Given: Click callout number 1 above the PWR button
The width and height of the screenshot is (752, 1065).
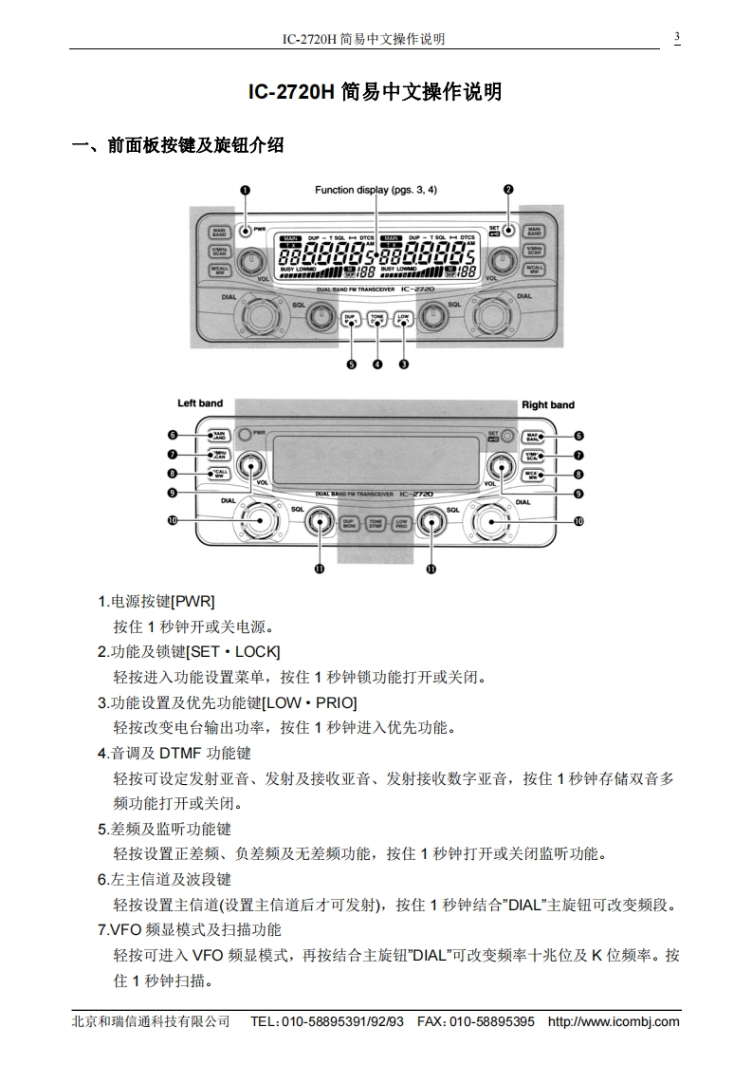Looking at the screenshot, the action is click(x=245, y=190).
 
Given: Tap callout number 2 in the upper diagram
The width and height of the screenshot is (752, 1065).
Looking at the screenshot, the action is click(x=508, y=190).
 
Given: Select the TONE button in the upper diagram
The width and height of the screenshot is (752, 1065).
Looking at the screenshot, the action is click(x=377, y=319).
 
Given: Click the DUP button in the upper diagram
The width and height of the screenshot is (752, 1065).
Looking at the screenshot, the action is click(x=351, y=319).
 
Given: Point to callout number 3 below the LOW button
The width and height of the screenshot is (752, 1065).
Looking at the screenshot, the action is click(x=404, y=364).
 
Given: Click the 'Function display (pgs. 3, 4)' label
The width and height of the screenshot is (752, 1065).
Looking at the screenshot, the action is click(x=376, y=190).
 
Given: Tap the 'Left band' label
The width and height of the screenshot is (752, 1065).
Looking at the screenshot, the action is click(x=200, y=403).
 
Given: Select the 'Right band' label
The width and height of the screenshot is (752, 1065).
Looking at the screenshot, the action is click(x=548, y=405).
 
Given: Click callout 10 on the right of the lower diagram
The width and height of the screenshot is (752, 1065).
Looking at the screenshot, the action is click(x=578, y=521).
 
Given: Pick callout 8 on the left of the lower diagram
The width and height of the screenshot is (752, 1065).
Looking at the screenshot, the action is click(x=173, y=474).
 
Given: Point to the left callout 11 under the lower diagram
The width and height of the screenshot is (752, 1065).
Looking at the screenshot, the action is click(x=320, y=569).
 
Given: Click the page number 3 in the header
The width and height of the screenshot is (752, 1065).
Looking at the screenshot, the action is click(x=677, y=38).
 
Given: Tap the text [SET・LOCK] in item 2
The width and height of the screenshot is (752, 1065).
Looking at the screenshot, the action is click(x=233, y=651).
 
